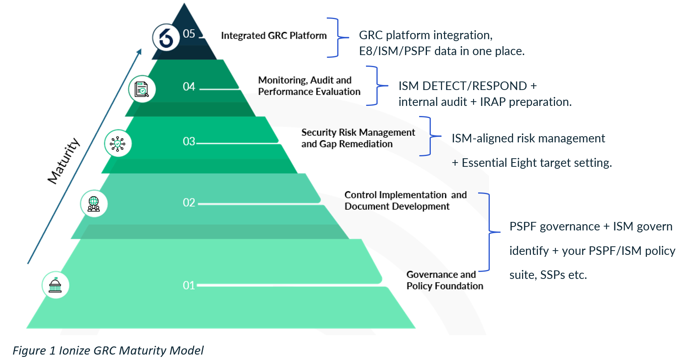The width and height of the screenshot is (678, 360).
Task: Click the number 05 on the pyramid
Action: click(189, 34)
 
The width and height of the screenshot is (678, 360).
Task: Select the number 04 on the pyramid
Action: click(189, 87)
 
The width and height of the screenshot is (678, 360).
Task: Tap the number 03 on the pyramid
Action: click(189, 141)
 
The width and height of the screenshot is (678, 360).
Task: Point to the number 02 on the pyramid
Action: click(189, 202)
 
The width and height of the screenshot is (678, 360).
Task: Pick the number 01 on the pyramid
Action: click(189, 286)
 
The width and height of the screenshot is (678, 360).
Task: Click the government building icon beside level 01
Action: click(55, 285)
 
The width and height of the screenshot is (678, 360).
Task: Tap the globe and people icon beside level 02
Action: click(94, 204)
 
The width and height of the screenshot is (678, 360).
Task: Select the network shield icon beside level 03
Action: click(118, 143)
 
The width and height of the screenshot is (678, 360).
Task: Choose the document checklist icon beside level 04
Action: click(142, 89)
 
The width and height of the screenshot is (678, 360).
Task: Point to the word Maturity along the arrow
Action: click(64, 161)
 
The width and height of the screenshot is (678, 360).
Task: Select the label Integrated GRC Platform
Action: click(274, 36)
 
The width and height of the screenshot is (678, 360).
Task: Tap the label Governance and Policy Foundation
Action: click(445, 280)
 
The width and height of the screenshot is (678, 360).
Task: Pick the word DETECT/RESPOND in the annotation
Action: click(475, 86)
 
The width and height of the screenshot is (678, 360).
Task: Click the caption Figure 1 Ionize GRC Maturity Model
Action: click(108, 351)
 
